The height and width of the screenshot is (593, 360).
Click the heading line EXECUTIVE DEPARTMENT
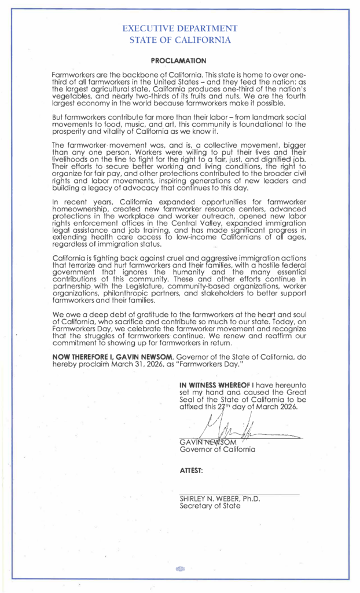(x=181, y=28)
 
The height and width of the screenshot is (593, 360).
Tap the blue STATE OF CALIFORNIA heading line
(x=181, y=40)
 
